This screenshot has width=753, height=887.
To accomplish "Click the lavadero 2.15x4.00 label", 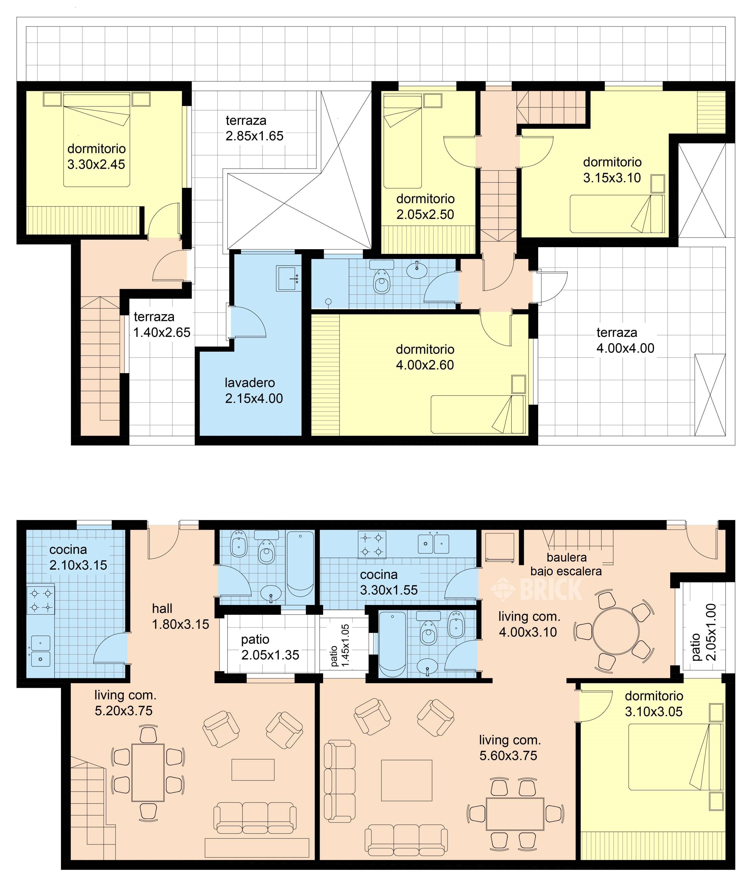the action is pos(254,391).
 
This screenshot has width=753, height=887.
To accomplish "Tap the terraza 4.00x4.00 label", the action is pos(625,340).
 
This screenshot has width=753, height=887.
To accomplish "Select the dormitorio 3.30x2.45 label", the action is pos(96,156).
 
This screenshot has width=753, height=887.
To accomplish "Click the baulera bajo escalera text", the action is pos(566,564).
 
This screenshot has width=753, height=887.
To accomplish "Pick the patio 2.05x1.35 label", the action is pos(270,647).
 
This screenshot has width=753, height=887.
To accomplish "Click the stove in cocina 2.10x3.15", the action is pos(41,600).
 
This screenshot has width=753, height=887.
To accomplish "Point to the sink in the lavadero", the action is pos(289,279).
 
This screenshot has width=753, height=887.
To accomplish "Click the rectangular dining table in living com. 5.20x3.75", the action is pos(148,773).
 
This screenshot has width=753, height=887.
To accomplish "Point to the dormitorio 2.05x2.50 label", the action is pos(425,206).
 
